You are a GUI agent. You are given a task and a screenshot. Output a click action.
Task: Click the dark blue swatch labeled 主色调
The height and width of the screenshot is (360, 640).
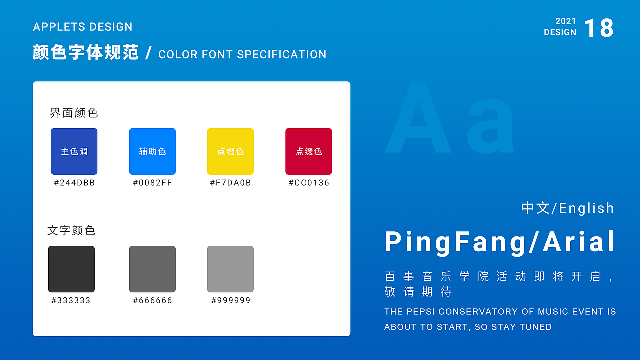click(74, 151)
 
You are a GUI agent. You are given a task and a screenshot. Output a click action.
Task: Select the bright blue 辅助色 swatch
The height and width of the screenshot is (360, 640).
click(152, 151)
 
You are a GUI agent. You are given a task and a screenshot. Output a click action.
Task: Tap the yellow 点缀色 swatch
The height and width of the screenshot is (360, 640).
click(230, 151)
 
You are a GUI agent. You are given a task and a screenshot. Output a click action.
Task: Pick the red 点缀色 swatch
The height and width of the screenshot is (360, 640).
click(309, 151)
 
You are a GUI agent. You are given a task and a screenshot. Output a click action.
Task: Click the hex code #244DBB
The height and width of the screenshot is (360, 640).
click(74, 183)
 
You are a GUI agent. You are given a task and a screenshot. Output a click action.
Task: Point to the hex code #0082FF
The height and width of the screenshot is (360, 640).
click(153, 183)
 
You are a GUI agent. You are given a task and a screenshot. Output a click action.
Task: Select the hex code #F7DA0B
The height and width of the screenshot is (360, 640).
click(230, 183)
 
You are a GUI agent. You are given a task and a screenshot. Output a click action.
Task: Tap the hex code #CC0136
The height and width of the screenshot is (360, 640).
click(309, 183)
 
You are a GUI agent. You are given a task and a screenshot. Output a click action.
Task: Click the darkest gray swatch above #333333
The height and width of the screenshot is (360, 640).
click(71, 269)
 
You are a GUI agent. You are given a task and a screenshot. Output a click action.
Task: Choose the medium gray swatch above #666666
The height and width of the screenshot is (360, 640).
click(152, 269)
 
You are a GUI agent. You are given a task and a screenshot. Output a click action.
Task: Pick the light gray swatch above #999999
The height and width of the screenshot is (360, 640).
click(230, 269)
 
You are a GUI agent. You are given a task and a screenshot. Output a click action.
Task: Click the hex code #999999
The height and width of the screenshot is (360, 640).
click(231, 300)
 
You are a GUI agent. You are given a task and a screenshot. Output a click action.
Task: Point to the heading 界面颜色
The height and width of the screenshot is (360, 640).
click(74, 113)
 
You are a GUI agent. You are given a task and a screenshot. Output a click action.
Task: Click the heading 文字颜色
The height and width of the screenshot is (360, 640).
click(71, 231)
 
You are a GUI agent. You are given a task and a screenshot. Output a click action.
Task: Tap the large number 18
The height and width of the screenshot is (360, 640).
click(599, 28)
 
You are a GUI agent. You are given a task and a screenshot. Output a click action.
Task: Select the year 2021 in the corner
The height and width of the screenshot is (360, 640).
click(565, 21)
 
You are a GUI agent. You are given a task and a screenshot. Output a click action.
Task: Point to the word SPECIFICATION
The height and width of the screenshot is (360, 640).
click(281, 54)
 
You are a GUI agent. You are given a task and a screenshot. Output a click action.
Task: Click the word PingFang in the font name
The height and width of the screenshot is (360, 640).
click(455, 242)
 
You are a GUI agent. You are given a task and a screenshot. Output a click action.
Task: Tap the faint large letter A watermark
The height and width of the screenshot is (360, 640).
click(418, 117)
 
